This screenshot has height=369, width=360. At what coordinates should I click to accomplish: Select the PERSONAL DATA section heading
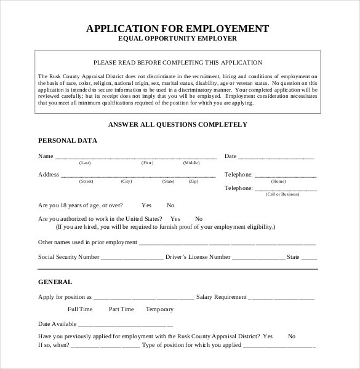point(68,140)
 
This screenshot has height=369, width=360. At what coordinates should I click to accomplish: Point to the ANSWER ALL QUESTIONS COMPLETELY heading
point(177,124)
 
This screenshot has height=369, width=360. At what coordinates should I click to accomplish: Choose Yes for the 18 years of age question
point(146,205)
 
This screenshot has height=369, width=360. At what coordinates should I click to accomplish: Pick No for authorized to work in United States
point(198,218)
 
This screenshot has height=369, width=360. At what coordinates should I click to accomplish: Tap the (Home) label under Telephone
point(279,181)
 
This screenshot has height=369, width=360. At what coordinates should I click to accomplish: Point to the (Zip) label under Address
point(193,181)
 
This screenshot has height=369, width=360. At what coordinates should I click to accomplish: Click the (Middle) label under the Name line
point(191,163)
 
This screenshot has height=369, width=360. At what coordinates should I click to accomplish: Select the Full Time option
point(80,309)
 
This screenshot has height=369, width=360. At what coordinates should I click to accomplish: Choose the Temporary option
point(159,309)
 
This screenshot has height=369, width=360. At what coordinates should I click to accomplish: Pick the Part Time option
point(121,309)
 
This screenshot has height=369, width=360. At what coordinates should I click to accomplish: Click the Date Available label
point(57,323)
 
